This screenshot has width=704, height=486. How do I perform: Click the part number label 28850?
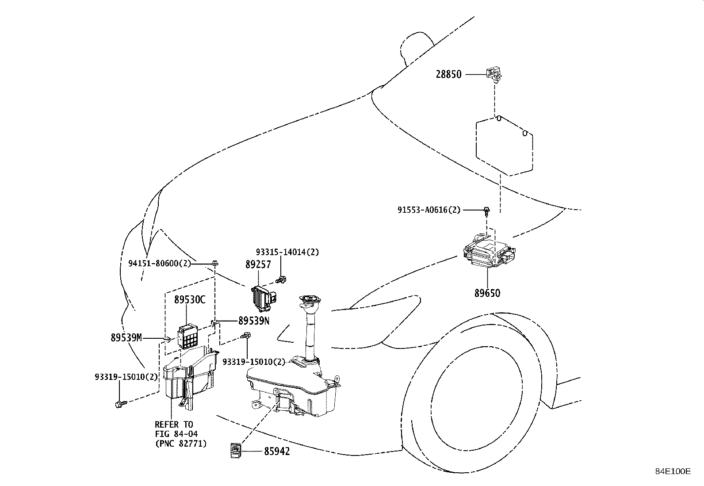448,74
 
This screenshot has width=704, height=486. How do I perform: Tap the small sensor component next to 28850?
494,74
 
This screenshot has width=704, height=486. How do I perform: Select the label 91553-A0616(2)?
429,210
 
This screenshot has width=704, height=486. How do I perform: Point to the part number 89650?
487,293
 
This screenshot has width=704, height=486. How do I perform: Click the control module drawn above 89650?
488,253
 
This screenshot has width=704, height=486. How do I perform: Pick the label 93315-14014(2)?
287,252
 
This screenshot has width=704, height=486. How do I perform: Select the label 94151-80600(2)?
160,264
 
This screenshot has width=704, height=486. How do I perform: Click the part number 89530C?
190,300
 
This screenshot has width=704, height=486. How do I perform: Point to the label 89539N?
253,321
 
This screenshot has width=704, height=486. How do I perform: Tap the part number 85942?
277,452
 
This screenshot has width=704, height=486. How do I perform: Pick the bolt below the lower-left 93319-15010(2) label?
120,404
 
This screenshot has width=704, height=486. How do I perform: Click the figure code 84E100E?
673,471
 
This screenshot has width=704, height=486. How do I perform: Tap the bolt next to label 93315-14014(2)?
281,279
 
